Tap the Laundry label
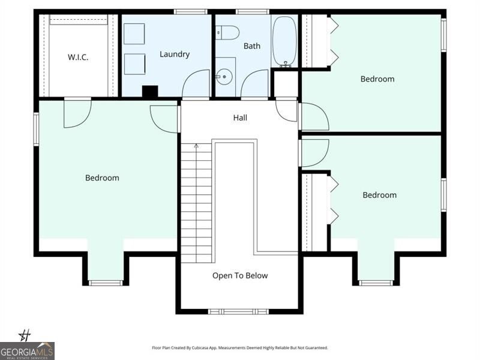175,54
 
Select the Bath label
251,46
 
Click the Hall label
240,118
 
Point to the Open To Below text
240,275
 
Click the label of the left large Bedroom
102,178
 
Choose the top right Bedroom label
377,79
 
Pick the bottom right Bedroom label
379,195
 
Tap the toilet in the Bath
227,32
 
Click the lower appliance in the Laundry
134,64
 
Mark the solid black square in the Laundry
149,92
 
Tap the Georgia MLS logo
27,350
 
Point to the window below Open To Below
239,311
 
